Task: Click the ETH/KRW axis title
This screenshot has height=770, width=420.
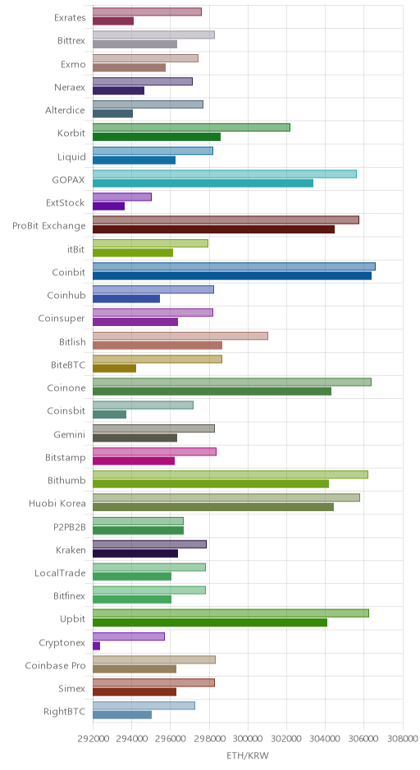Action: tap(248, 755)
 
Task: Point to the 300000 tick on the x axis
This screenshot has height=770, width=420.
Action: tap(248, 739)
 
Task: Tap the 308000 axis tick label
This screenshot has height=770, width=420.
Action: tap(402, 739)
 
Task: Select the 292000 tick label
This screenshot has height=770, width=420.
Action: tap(93, 739)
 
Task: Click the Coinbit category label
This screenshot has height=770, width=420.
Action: tap(68, 272)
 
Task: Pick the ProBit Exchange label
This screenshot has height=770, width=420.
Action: tap(48, 226)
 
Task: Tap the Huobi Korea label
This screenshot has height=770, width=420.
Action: tap(57, 503)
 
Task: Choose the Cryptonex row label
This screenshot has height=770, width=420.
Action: tap(62, 643)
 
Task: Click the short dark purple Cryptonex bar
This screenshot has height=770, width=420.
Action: tap(97, 645)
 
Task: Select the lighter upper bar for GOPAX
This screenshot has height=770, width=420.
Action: tap(225, 174)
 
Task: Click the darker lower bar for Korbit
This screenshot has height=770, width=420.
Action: tap(157, 137)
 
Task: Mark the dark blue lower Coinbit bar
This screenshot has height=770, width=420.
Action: tap(232, 275)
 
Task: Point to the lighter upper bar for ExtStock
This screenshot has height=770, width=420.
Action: tap(122, 197)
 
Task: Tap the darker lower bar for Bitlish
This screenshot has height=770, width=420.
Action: tap(157, 345)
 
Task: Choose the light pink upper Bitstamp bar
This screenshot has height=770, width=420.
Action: tap(154, 452)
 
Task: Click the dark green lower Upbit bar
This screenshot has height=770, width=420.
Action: tap(210, 623)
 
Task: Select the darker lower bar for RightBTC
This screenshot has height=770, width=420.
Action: tap(122, 715)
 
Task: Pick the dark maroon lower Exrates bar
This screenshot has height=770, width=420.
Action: tap(113, 21)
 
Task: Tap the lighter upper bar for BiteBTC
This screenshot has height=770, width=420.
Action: tap(157, 359)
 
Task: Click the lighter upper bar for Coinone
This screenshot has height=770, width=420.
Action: tap(232, 382)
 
